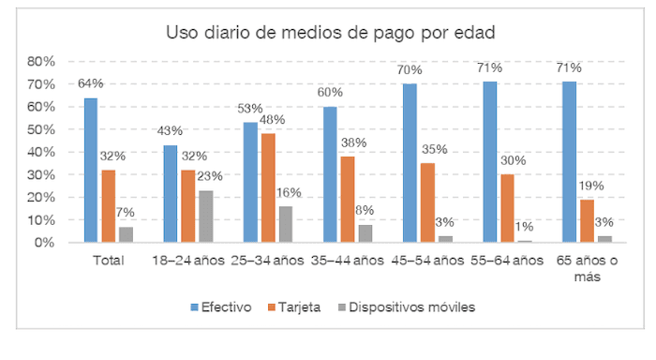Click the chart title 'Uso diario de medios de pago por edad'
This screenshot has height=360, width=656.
pyautogui.click(x=330, y=33)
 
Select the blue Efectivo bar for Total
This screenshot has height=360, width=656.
pyautogui.click(x=90, y=170)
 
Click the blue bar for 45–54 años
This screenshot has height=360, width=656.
pyautogui.click(x=410, y=162)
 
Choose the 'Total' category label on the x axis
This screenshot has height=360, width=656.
pyautogui.click(x=110, y=261)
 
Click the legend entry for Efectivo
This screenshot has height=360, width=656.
pyautogui.click(x=221, y=307)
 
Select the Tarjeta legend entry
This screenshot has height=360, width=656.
pyautogui.click(x=296, y=307)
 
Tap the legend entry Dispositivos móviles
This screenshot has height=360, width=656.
pyautogui.click(x=405, y=307)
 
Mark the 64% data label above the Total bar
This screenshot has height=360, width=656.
pyautogui.click(x=90, y=83)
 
